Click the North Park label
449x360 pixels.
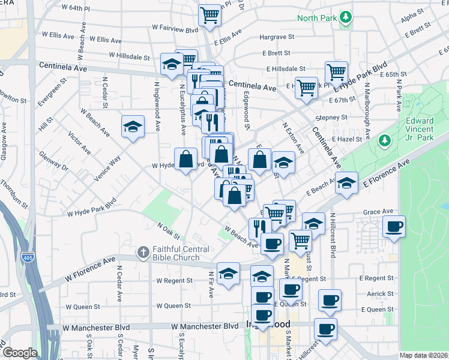[x=316, y=17]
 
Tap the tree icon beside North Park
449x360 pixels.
[x=345, y=17]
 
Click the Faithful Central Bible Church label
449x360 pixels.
[x=180, y=253]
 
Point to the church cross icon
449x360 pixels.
[x=143, y=252]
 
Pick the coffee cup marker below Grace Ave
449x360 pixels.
[x=394, y=227]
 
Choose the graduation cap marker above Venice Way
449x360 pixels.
[x=133, y=127]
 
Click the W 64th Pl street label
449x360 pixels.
[x=75, y=8]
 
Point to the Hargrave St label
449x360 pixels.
[x=277, y=37]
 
